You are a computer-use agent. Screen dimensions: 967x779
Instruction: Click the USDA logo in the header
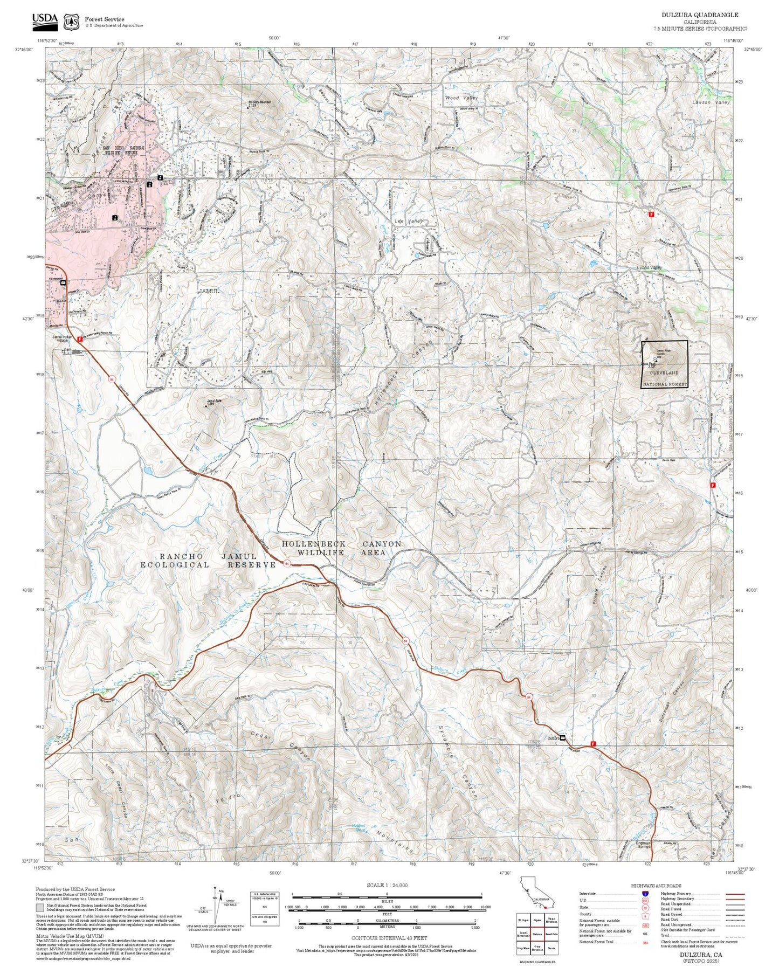pos(45,20)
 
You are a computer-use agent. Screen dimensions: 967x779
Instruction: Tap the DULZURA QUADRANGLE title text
pos(700,15)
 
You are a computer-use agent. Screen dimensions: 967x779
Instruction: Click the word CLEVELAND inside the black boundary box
pos(664,373)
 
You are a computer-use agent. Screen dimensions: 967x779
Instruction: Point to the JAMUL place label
pos(209,291)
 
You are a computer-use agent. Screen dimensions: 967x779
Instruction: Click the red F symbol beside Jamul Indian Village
pos(80,339)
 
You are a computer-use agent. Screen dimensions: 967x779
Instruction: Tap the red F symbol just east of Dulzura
pos(593,744)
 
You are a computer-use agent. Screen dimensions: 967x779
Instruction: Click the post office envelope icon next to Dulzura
pos(563,737)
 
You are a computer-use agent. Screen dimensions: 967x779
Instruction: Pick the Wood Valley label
pos(461,98)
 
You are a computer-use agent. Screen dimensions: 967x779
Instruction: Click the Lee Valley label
pos(408,222)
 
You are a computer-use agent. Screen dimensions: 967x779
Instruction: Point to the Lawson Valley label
pos(711,102)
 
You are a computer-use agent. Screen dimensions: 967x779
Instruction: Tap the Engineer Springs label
pos(643,844)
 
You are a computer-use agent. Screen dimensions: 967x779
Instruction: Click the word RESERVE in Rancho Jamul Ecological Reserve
pos(251,565)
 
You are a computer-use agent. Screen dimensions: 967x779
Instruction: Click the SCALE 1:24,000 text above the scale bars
pos(387,885)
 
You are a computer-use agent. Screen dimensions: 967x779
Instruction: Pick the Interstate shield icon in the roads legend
pos(645,894)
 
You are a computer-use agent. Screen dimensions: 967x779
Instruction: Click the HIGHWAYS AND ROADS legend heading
pos(656,886)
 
